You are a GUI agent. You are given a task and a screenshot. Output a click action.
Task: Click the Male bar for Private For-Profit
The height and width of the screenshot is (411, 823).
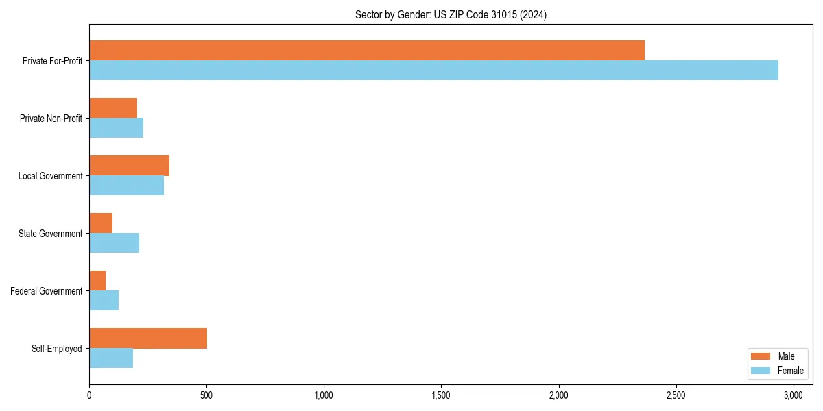(367, 51)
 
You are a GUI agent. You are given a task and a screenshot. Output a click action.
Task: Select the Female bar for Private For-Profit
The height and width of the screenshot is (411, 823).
(433, 70)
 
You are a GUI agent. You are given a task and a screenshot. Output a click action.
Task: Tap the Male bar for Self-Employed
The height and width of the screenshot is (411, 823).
(148, 338)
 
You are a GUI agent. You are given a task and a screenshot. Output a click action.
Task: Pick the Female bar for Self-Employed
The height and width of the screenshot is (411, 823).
(111, 358)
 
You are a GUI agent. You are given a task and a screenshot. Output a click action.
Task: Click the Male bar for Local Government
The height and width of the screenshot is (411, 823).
(129, 166)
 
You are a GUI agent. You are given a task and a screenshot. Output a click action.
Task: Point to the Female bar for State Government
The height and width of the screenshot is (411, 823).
(114, 242)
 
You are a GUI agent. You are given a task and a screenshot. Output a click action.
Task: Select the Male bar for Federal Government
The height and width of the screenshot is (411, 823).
(97, 281)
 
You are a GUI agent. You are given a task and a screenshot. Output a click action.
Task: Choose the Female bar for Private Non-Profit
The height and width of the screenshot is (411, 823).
(116, 127)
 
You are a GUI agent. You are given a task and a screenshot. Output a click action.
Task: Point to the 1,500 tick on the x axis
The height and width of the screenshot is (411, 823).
(441, 395)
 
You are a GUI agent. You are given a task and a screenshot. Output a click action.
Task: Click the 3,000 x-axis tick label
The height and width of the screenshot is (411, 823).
(794, 395)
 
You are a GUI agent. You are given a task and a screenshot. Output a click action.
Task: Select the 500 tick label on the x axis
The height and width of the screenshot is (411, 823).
(206, 395)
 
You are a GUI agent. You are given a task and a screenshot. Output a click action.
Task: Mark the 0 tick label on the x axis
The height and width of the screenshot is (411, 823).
(89, 395)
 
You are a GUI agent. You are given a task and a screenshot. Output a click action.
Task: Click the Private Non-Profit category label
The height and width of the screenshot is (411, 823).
(51, 119)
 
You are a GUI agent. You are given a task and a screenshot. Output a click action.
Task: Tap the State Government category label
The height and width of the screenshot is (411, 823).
(50, 234)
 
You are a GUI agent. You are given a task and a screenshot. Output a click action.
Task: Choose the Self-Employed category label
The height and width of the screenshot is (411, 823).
(57, 349)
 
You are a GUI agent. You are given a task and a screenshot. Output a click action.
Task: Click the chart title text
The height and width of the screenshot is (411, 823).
(451, 14)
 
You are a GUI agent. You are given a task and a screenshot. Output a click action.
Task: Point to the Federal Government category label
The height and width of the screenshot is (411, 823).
(47, 291)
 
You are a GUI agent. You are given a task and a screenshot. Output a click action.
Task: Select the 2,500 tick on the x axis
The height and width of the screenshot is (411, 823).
(676, 395)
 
